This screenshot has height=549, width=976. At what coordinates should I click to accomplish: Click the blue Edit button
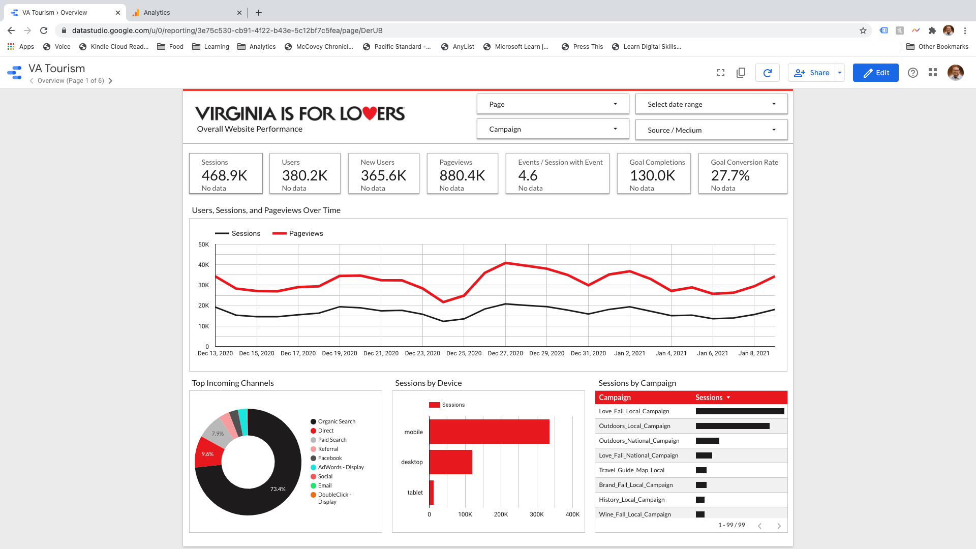pos(875,73)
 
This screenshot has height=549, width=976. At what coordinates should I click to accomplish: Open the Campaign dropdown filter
pos(553,129)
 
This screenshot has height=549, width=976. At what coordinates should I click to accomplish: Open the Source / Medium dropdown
pos(711,130)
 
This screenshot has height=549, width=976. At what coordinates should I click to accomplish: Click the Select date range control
pos(711,104)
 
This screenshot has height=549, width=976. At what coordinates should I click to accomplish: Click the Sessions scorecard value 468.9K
pos(224,176)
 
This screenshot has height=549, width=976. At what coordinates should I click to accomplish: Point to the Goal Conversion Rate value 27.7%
pos(730,176)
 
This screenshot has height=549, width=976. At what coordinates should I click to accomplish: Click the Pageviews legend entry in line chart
pos(306,233)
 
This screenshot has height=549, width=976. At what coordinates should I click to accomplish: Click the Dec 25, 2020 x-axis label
pos(464,353)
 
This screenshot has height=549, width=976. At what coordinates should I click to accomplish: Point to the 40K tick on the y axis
pos(203,265)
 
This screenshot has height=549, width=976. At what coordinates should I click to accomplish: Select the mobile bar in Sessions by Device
pos(489,432)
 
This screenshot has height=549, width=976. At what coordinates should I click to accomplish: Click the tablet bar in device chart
pos(432,492)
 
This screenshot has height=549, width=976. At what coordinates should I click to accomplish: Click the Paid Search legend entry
pos(332,440)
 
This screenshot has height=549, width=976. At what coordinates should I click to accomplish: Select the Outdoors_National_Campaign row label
pos(639,441)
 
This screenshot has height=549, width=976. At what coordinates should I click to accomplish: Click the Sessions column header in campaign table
pos(709,398)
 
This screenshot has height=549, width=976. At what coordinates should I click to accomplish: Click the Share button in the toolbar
pos(812,73)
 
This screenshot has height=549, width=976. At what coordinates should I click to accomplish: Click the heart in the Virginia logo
pos(370,113)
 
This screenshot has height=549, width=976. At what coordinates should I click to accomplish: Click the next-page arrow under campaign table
pos(779,526)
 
